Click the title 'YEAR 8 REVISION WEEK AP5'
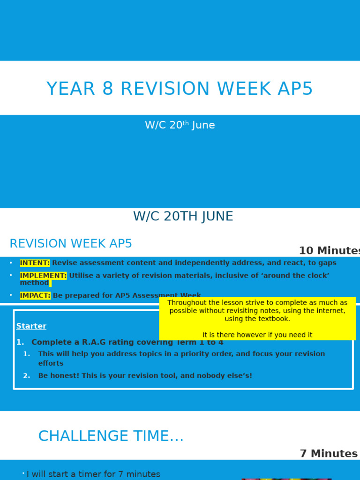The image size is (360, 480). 180,89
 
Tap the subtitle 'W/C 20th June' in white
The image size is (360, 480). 180,125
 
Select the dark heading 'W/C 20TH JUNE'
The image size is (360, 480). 183,217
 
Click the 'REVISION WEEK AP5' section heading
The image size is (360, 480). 71,244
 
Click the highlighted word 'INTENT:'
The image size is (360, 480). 35,263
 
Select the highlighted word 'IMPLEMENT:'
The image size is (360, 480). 43,276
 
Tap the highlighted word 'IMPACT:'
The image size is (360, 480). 35,296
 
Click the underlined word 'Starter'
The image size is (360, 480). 31,326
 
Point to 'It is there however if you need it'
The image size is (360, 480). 257,335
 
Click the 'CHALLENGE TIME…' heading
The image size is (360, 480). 111,436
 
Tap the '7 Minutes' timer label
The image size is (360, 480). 329,454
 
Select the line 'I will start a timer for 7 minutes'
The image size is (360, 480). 93,474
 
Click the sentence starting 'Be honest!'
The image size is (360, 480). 145,376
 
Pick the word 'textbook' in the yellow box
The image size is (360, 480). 274,319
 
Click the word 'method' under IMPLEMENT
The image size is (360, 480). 34,283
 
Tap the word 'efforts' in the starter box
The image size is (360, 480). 51,363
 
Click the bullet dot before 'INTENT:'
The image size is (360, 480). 11,263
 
